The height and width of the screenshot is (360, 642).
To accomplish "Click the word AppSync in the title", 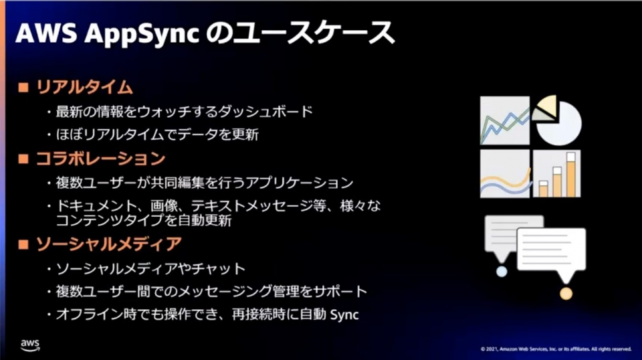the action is coord(142,33).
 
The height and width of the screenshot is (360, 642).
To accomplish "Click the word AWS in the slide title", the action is coord(46,32).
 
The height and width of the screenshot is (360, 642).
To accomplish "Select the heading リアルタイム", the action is coord(85,87).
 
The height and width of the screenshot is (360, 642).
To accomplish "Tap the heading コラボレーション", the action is coord(101,159).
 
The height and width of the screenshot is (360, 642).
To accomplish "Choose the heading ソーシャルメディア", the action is coord(109,244).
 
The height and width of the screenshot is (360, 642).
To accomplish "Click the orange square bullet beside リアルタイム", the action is coord(23,87).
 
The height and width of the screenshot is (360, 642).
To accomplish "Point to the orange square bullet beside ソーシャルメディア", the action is coord(23,244).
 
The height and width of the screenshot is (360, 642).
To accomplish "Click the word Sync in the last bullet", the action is coord(344,315).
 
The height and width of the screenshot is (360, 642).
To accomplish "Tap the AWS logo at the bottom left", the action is coord(30,345).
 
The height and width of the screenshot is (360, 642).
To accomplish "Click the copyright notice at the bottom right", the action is coord(556,349).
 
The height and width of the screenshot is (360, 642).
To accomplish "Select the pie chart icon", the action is coord(556,120).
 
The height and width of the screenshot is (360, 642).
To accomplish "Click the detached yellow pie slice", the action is coord(547,105).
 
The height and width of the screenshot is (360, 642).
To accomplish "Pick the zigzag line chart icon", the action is coord(504,120).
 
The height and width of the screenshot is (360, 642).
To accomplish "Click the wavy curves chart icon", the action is coord(504,174).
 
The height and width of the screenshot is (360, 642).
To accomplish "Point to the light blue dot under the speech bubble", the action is coord(502,271).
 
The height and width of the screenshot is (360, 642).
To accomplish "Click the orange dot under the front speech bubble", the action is coord(566,293).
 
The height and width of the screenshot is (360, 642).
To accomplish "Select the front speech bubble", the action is coord(551,251).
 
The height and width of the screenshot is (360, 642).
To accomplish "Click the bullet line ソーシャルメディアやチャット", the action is coord(150,269).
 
